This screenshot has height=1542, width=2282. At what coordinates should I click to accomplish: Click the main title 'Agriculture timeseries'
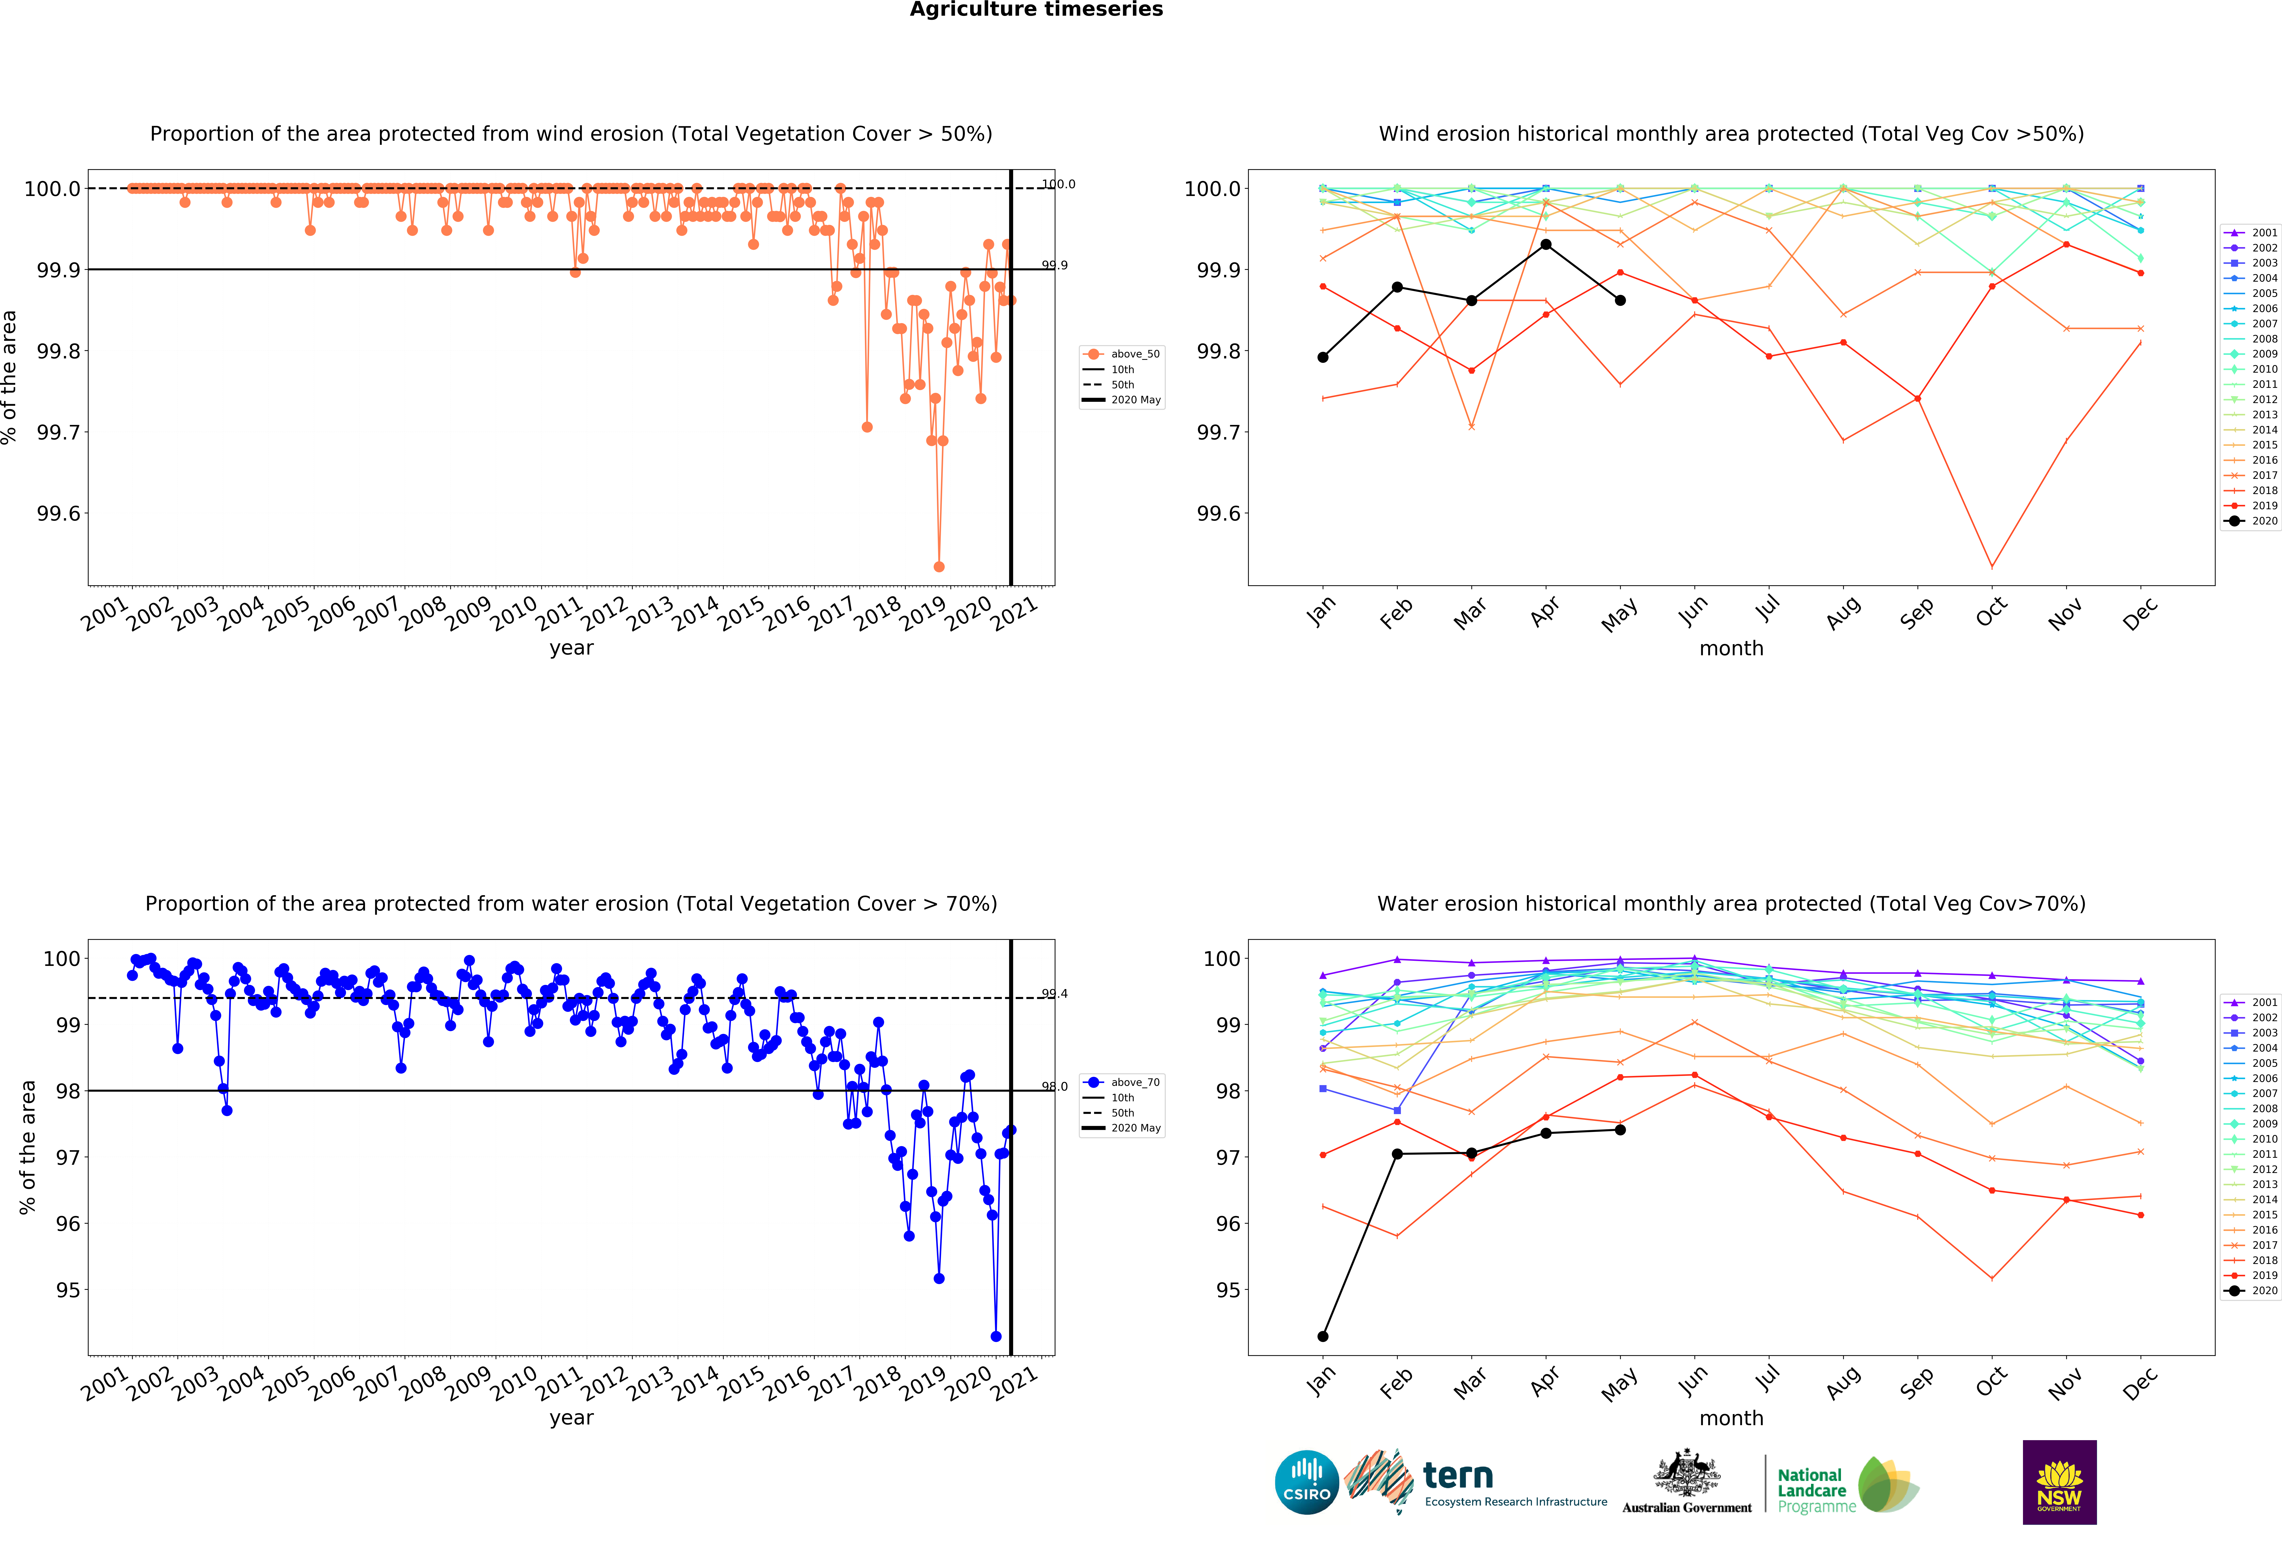click(1036, 10)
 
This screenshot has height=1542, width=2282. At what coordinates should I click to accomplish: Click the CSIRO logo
click(1306, 1482)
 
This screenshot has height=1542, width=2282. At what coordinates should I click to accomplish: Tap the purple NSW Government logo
click(2059, 1482)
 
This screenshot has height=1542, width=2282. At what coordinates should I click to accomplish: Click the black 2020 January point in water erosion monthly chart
click(1323, 1336)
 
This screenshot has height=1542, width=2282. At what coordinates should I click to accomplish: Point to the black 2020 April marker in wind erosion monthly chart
click(1545, 244)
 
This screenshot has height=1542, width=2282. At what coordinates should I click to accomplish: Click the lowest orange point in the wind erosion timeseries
click(939, 566)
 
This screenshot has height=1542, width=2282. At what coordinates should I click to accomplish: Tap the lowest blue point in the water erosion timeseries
click(996, 1336)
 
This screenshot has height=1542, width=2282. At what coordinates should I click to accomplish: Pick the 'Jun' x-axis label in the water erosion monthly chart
click(1693, 1381)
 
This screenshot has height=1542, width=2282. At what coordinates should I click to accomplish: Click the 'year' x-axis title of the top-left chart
click(571, 648)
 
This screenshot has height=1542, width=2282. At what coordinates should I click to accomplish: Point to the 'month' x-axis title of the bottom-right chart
click(1731, 1418)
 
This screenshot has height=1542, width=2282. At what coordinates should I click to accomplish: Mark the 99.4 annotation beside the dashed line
click(1055, 993)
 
